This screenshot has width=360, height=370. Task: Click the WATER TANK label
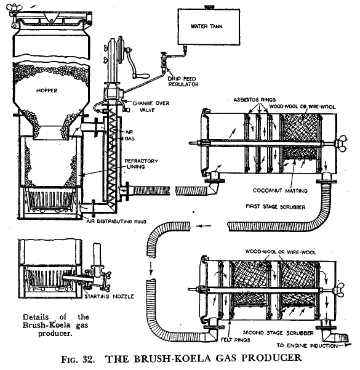pyautogui.click(x=206, y=26)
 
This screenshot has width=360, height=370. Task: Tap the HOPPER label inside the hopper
pyautogui.click(x=47, y=90)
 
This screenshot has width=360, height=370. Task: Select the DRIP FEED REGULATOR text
pyautogui.click(x=183, y=81)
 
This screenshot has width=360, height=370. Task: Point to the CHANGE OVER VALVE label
pyautogui.click(x=151, y=107)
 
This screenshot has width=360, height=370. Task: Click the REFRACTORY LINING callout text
pyautogui.click(x=141, y=164)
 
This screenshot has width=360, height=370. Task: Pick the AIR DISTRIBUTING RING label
pyautogui.click(x=116, y=222)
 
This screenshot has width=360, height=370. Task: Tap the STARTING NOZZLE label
pyautogui.click(x=109, y=296)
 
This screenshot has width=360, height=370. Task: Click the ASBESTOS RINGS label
pyautogui.click(x=254, y=100)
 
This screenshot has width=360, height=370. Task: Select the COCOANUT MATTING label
pyautogui.click(x=280, y=190)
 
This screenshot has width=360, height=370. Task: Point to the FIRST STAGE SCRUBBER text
pyautogui.click(x=275, y=207)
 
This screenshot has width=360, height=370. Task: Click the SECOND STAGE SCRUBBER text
pyautogui.click(x=278, y=333)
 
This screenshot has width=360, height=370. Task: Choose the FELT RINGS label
pyautogui.click(x=235, y=340)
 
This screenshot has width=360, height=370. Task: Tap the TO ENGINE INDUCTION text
pyautogui.click(x=307, y=346)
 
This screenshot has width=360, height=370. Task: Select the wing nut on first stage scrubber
pyautogui.click(x=340, y=143)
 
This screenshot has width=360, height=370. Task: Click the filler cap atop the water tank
pyautogui.click(x=209, y=7)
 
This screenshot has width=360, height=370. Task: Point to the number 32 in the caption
pyautogui.click(x=89, y=360)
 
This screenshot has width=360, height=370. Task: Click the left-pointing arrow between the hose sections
pyautogui.click(x=204, y=226)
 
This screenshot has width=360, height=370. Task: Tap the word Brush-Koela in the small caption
pyautogui.click(x=47, y=325)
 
